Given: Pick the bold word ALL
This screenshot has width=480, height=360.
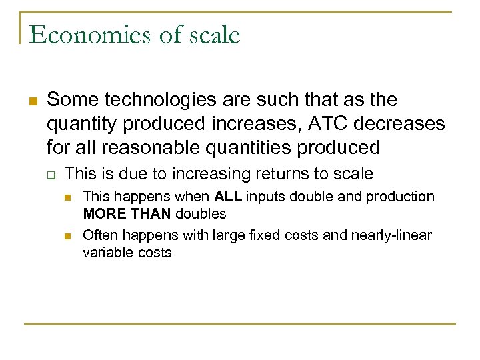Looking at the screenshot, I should tap(228, 197).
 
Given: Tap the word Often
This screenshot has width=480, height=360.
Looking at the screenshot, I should tap(98, 235).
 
